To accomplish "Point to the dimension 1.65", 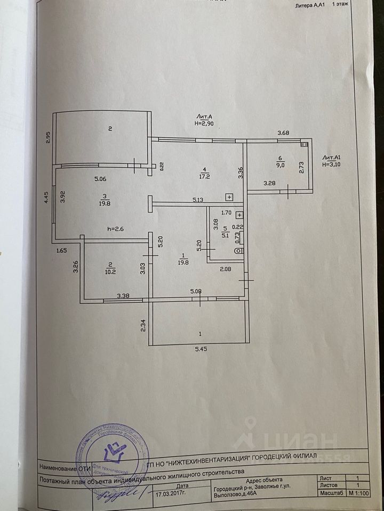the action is (x=62, y=250).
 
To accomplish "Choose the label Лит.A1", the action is (x=332, y=158).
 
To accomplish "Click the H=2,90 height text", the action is (x=203, y=122).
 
